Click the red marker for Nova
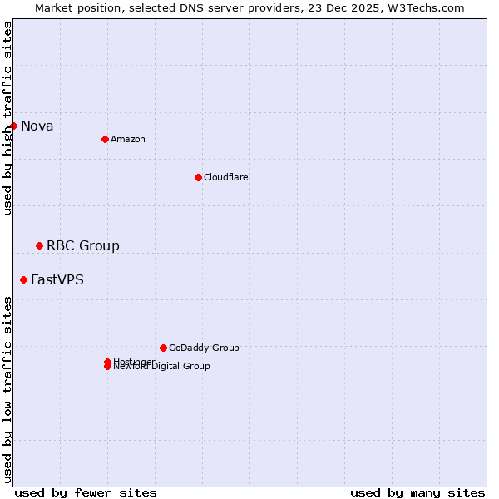coord(14,126)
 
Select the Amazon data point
coord(105,139)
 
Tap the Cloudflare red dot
coord(198,177)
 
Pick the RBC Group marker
coord(39,245)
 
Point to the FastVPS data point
coord(23,279)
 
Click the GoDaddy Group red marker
coord(163,348)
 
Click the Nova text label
coord(37,126)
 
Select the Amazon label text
coord(128,139)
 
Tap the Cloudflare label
coord(226,177)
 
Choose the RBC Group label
coord(83,245)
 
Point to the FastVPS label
coord(57,279)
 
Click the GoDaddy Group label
coord(204,348)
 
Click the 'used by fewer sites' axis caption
coord(86,492)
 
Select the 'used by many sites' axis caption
coord(417,492)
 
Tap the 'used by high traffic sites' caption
coord(7,118)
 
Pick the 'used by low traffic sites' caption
coord(7,388)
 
